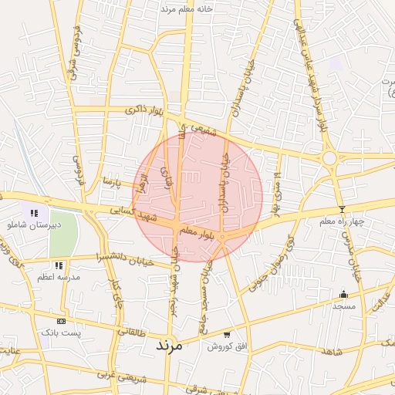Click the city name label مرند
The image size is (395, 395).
coord(167,345)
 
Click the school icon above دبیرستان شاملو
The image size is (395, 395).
coord(34,213)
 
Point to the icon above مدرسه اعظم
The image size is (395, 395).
coord(59,265)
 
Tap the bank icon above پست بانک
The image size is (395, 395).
coord(62,321)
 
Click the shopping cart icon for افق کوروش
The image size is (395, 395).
coord(226,335)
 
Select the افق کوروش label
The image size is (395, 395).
coord(226,346)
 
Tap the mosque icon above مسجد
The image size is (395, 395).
coord(343,294)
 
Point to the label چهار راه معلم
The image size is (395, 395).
coord(345,222)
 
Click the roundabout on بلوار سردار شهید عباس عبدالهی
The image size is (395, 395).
coord(329,158)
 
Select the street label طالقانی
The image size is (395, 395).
coord(131,332)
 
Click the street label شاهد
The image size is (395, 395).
coord(333,350)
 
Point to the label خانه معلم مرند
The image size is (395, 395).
coord(186,8)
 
